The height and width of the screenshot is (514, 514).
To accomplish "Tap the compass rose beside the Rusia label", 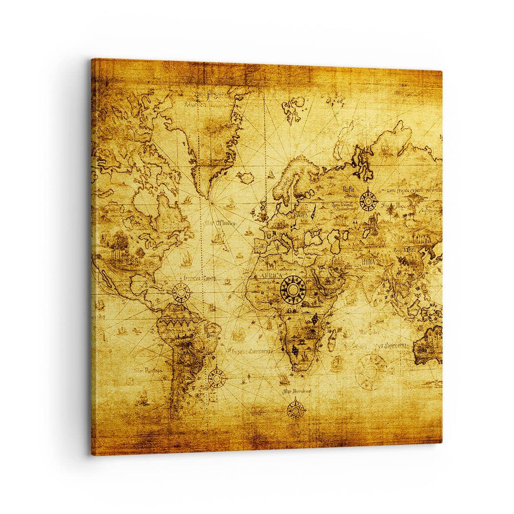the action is coord(368,200).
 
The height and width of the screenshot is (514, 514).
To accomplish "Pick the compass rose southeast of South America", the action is coord(217,378).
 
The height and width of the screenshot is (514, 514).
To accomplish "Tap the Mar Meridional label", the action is coord(297,391).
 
